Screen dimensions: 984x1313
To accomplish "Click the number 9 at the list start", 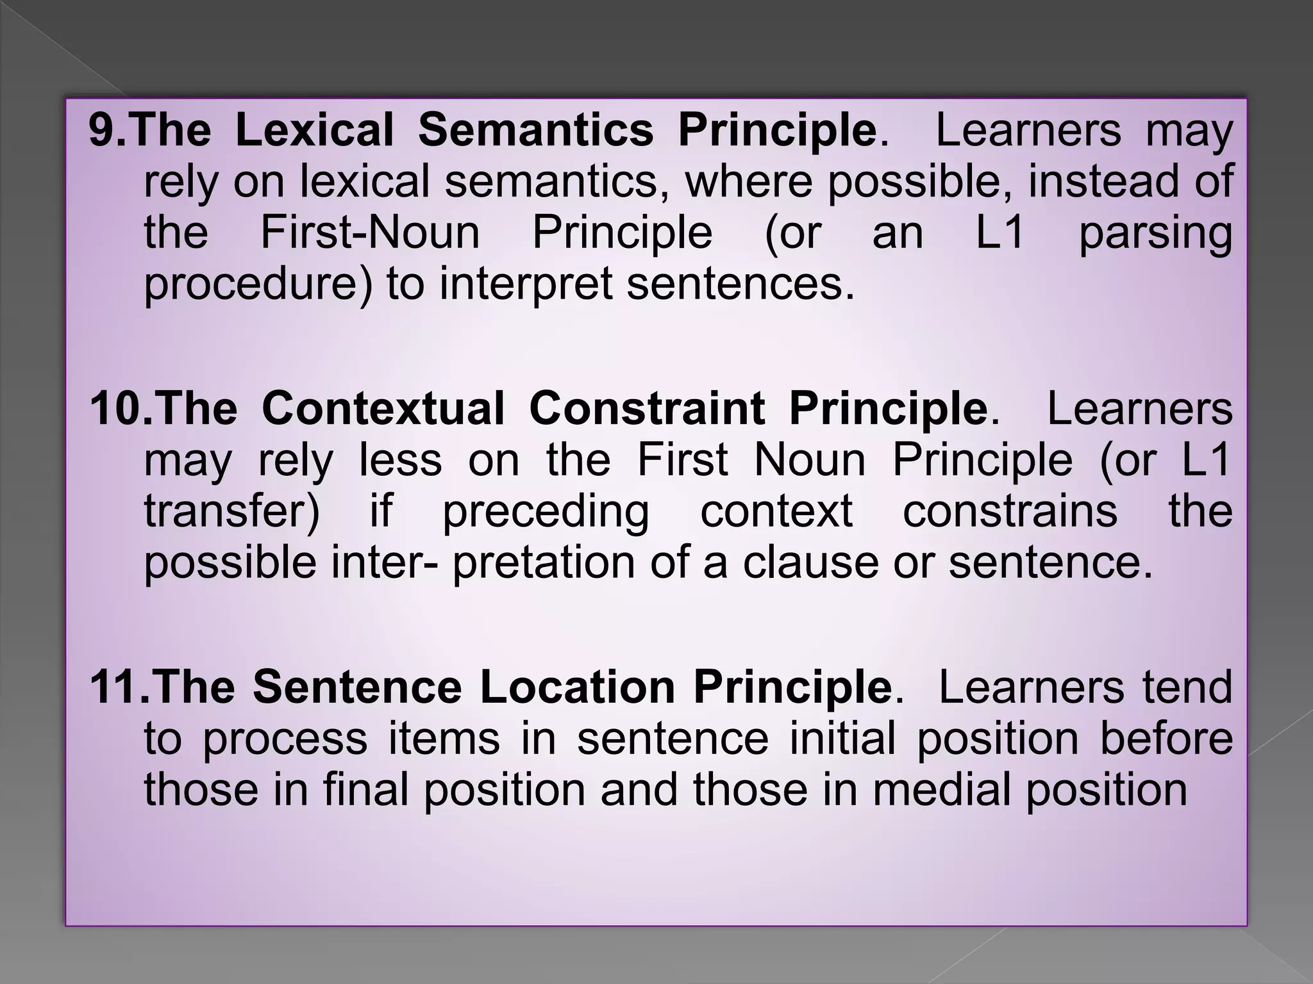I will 101,131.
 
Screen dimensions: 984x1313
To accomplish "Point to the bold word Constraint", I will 646,409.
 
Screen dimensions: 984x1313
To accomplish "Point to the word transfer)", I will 231,511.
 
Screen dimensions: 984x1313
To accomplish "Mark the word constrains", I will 1010,511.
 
